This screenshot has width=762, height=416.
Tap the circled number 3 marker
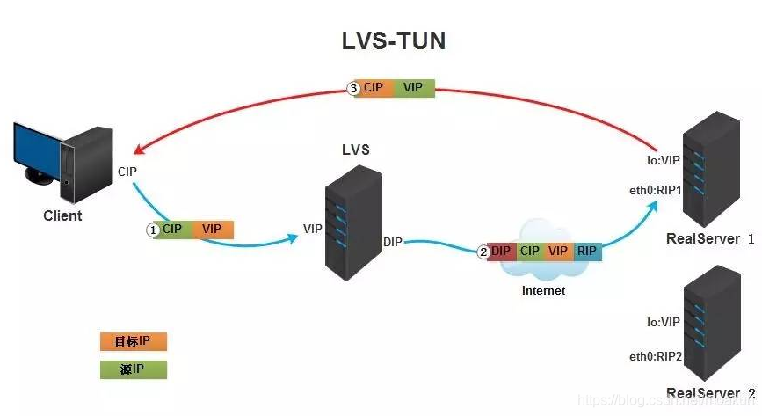point(353,89)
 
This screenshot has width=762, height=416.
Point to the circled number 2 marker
point(483,252)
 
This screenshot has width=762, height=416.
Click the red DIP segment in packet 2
point(501,252)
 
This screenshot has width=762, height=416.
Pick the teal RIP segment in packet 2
point(587,252)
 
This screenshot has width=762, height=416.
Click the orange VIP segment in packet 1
point(212,229)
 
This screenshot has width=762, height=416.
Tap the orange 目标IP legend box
point(133,341)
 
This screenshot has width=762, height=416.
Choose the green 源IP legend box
point(133,369)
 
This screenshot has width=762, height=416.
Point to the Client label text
point(62,215)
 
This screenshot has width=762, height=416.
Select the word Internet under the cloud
point(543,290)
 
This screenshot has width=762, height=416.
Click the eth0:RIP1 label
point(655,188)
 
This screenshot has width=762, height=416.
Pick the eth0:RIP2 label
point(655,356)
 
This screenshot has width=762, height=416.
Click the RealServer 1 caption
point(710,238)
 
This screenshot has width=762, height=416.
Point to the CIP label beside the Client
point(127,171)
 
